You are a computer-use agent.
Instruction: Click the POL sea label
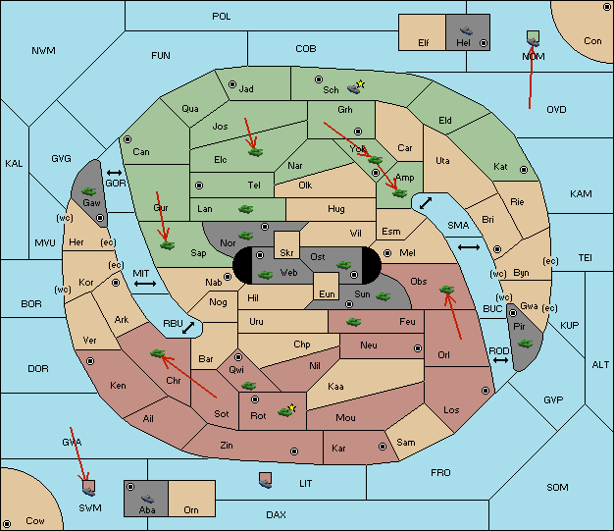coord(222,17)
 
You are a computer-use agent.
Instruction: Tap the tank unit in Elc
coord(256,152)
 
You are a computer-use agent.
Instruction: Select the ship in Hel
coord(466,30)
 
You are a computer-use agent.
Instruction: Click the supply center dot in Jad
coord(232,84)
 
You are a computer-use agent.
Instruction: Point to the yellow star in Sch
coord(361,83)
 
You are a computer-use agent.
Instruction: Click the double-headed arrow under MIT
coord(145,284)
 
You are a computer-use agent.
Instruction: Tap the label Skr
coord(286,253)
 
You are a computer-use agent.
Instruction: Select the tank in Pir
coord(525,344)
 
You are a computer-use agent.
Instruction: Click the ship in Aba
coord(147,499)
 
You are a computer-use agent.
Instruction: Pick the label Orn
coord(191,509)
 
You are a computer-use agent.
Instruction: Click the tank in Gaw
coord(89,191)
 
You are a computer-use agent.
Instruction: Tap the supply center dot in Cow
coord(7,524)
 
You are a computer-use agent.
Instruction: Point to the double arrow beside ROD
coord(500,360)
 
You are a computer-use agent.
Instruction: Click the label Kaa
coord(335,387)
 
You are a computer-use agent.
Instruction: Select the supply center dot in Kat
coord(524,170)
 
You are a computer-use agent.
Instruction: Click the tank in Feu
coord(354,322)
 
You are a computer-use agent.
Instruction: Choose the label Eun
coord(327,293)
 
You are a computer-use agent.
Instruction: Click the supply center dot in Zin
coord(294,451)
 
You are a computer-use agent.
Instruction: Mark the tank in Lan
coord(246,209)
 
